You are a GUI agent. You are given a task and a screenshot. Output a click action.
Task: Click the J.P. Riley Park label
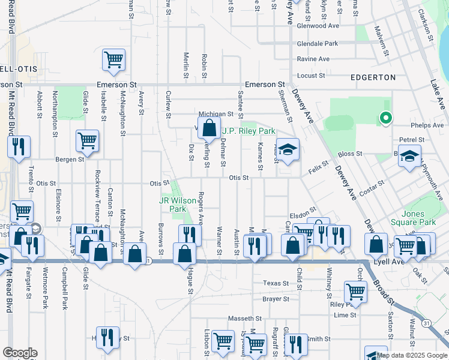click(x=249, y=131)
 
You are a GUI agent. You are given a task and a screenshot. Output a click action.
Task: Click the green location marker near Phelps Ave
click(x=386, y=119)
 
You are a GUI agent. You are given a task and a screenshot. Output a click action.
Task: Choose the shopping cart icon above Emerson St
click(x=113, y=60)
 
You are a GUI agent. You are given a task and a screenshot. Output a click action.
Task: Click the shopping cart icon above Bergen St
click(x=87, y=141)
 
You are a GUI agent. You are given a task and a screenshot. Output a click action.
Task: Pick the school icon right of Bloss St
click(x=409, y=157)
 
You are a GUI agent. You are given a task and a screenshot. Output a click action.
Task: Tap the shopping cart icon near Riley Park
click(x=355, y=292)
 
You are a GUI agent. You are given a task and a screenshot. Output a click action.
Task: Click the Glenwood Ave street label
click(x=318, y=26)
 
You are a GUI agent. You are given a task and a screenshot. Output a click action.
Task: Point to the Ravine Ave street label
click(x=313, y=59)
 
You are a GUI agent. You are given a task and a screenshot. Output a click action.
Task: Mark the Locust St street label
click(x=311, y=76)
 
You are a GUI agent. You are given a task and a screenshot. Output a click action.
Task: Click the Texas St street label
click(x=276, y=283)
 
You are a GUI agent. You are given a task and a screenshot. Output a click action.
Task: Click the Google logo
click(x=20, y=353)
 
